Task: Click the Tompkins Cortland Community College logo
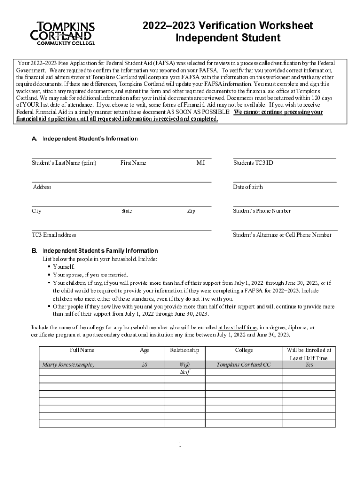click(63, 33)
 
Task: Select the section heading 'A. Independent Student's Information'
click(84, 139)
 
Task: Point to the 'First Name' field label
click(133, 163)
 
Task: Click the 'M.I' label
click(201, 163)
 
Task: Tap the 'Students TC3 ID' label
click(253, 163)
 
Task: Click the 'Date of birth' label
click(248, 187)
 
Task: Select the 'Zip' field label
click(191, 211)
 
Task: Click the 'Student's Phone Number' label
click(262, 211)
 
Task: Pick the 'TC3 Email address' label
click(54, 235)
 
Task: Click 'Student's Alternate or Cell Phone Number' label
click(282, 235)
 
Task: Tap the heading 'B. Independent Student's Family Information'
click(94, 251)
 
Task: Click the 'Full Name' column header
click(82, 350)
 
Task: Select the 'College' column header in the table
click(244, 350)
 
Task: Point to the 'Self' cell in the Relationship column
click(184, 372)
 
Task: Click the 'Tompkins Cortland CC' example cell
click(244, 364)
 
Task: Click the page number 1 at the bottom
click(180, 444)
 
